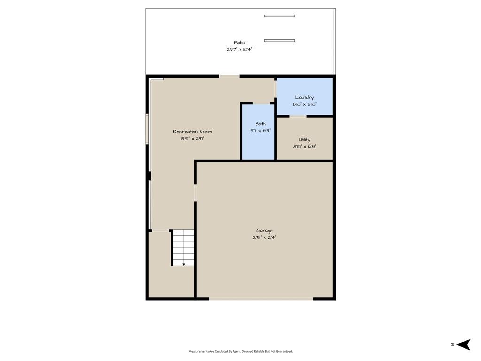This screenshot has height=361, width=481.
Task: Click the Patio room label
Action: click(240, 43)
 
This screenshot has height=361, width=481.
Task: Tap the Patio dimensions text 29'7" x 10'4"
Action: click(240, 49)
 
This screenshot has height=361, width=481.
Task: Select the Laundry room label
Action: click(304, 98)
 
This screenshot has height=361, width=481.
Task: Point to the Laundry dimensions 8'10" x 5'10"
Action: click(304, 104)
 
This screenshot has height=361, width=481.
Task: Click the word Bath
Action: click(260, 124)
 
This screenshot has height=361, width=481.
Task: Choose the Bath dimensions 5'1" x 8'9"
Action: click(260, 131)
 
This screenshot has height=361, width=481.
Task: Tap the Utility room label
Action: click(304, 140)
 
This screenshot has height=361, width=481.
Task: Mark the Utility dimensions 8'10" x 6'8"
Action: click(304, 147)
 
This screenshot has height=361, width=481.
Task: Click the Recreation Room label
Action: click(192, 132)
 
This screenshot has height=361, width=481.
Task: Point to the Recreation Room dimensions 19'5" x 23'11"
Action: click(192, 139)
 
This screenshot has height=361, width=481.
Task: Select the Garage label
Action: click(264, 231)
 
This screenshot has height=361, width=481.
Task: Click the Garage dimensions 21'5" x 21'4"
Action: click(264, 237)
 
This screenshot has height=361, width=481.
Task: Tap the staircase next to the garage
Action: click(183, 247)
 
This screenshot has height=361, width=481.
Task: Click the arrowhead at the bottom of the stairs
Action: click(184, 264)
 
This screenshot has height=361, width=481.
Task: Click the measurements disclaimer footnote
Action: click(240, 351)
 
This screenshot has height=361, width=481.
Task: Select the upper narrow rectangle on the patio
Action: click(279, 16)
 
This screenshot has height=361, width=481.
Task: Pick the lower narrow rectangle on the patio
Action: click(279, 41)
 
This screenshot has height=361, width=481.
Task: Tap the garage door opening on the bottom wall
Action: click(261, 298)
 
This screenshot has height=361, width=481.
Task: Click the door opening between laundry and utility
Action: click(298, 117)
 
